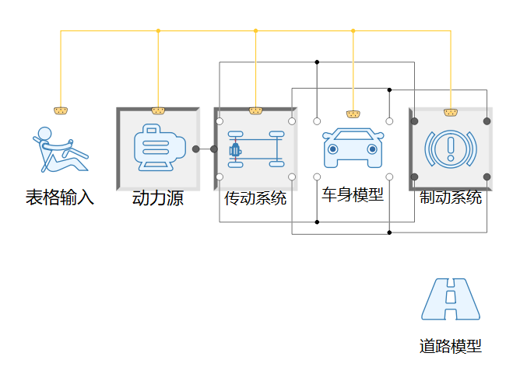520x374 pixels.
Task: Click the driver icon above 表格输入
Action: (60, 149)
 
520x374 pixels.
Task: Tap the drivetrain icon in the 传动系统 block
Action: (255, 149)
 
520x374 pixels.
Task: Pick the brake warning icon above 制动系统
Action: (450, 148)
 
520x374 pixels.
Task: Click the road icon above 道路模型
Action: (451, 299)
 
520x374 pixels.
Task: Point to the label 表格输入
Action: (60, 197)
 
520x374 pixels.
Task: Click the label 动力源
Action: (158, 198)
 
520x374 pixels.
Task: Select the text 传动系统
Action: (255, 198)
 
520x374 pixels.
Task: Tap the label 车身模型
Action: (353, 194)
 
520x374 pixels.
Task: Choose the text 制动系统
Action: (450, 197)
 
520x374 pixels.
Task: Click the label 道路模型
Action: (451, 347)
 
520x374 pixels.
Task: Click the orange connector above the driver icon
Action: (60, 110)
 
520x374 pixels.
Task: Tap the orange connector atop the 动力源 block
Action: (158, 110)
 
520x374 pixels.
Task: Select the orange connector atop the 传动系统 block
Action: (255, 110)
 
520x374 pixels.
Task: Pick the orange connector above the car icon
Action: (353, 114)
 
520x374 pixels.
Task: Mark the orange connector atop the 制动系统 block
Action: (450, 112)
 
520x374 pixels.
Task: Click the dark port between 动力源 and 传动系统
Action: (196, 149)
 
